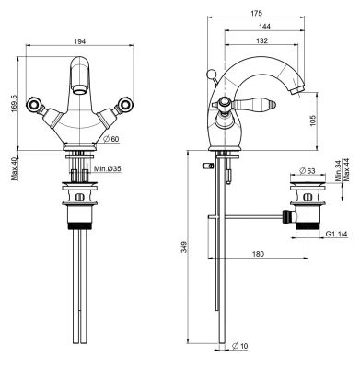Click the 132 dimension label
[262, 42]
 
